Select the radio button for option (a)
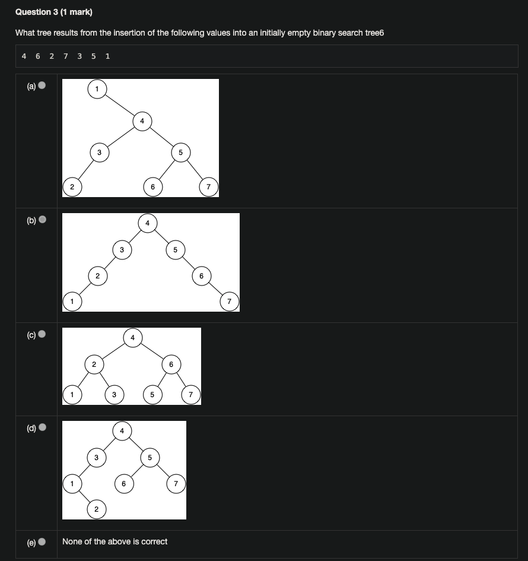[42, 86]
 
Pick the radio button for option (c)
[42, 335]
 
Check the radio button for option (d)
[42, 427]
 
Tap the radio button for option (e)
[42, 541]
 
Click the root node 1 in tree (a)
[97, 89]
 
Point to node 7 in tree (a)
[208, 188]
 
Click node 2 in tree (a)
[72, 188]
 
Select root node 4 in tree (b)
[147, 223]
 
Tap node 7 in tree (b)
[229, 302]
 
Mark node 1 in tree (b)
[72, 302]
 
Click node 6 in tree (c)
[171, 364]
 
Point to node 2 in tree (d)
[97, 509]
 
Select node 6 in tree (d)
[123, 484]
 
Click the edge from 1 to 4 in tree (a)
[119, 105]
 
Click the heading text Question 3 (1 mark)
[54, 12]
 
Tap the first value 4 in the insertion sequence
[24, 56]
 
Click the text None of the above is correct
[114, 541]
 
